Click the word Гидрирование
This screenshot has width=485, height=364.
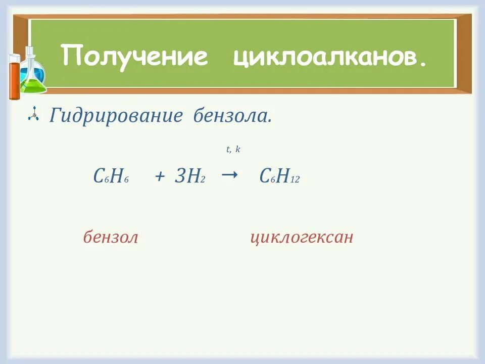(x=116, y=116)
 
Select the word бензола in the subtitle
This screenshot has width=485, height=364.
(x=232, y=116)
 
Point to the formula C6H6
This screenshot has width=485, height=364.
(x=111, y=176)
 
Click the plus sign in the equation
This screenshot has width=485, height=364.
(x=161, y=177)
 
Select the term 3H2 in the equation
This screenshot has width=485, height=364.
(x=190, y=176)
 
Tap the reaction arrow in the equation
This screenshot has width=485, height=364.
(x=229, y=175)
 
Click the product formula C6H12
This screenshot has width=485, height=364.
(x=279, y=176)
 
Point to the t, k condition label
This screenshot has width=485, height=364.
(x=233, y=150)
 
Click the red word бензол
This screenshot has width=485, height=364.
(x=111, y=237)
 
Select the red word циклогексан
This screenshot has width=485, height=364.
(x=302, y=237)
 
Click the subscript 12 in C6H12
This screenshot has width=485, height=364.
(x=295, y=180)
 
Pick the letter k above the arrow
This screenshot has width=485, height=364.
(x=237, y=150)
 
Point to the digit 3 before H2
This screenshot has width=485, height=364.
(x=180, y=176)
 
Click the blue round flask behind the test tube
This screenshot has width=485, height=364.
(x=38, y=74)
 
